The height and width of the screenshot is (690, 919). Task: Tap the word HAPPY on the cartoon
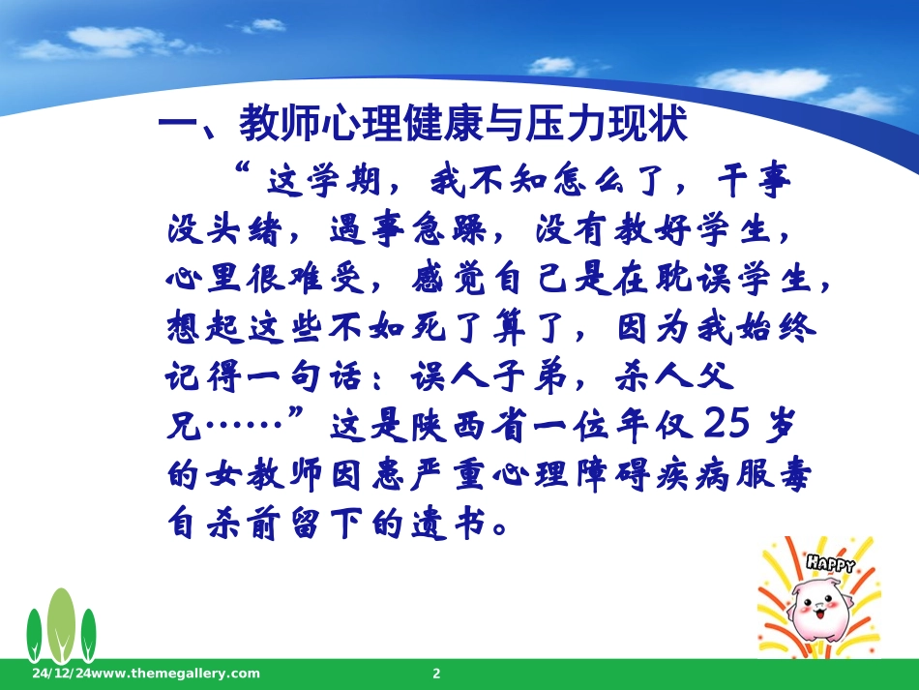[830, 562]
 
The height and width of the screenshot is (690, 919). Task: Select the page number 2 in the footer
[436, 674]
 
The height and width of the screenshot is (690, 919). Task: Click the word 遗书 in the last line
[455, 525]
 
